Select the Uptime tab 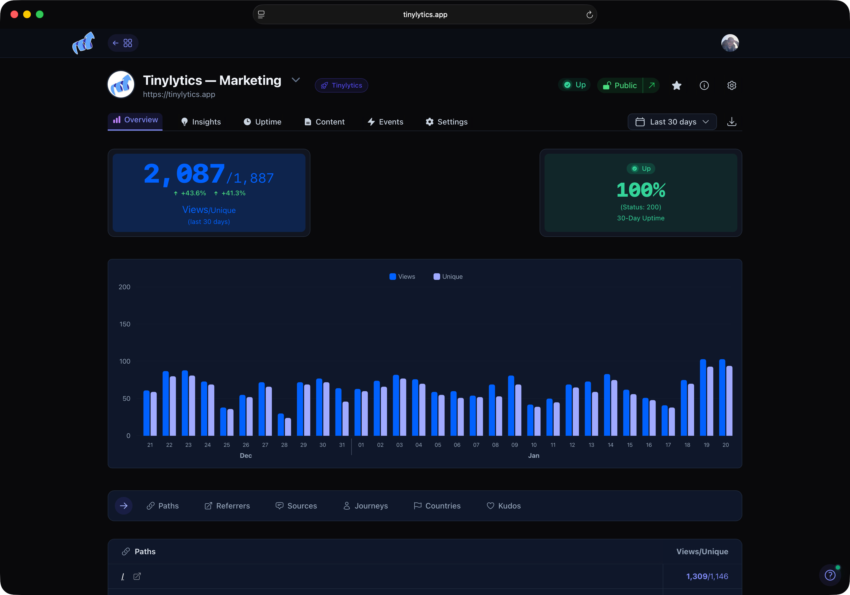click(262, 122)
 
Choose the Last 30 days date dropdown click(672, 122)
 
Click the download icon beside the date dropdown click(732, 122)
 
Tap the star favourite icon click(676, 85)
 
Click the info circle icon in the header click(704, 85)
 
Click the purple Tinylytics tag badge click(341, 85)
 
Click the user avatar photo click(730, 43)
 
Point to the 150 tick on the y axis click(125, 324)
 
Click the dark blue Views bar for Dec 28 click(281, 425)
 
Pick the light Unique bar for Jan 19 click(710, 401)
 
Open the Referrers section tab click(227, 506)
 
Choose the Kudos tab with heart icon click(503, 506)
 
